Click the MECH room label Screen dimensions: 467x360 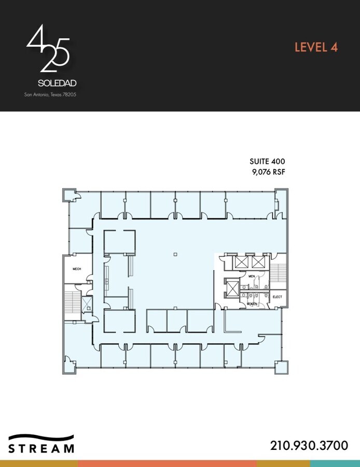coord(77,269)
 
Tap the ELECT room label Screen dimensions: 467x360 coord(277,297)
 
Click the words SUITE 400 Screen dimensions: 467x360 coord(268,161)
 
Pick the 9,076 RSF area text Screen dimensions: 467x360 coord(268,172)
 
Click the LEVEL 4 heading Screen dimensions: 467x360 coord(316,47)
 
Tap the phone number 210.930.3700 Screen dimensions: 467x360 coord(309,445)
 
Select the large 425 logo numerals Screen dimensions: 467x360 coord(48,49)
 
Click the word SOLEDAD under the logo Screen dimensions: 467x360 coord(58,83)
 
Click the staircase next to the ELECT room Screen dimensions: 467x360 coord(279,271)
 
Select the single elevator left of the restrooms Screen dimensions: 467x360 coord(231,287)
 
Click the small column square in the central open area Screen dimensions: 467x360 coord(175,254)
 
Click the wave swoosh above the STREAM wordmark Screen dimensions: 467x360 coord(41,437)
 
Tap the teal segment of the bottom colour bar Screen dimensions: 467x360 coord(335,463)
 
